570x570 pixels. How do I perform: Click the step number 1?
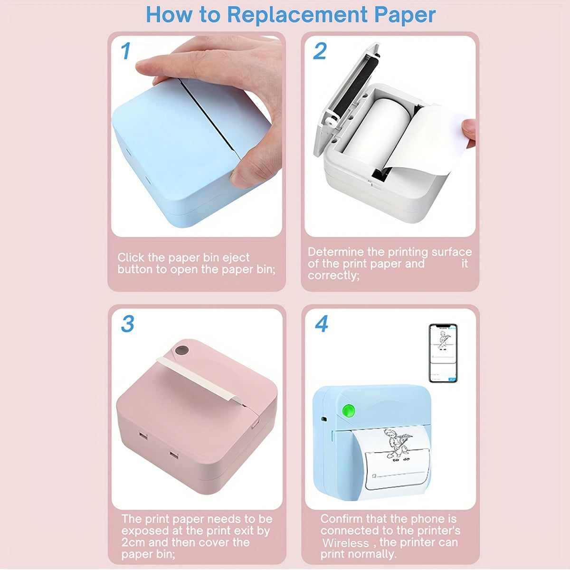click(x=125, y=51)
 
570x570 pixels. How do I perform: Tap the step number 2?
click(x=320, y=51)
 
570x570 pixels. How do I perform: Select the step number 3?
click(x=127, y=324)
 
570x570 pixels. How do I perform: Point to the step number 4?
click(x=322, y=324)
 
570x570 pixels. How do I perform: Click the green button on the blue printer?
click(x=349, y=410)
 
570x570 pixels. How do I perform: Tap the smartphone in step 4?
click(x=443, y=353)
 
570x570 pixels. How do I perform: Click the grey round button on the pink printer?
click(x=181, y=351)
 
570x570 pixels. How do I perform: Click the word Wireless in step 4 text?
click(x=345, y=543)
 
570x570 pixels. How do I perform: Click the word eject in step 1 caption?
click(x=235, y=258)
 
